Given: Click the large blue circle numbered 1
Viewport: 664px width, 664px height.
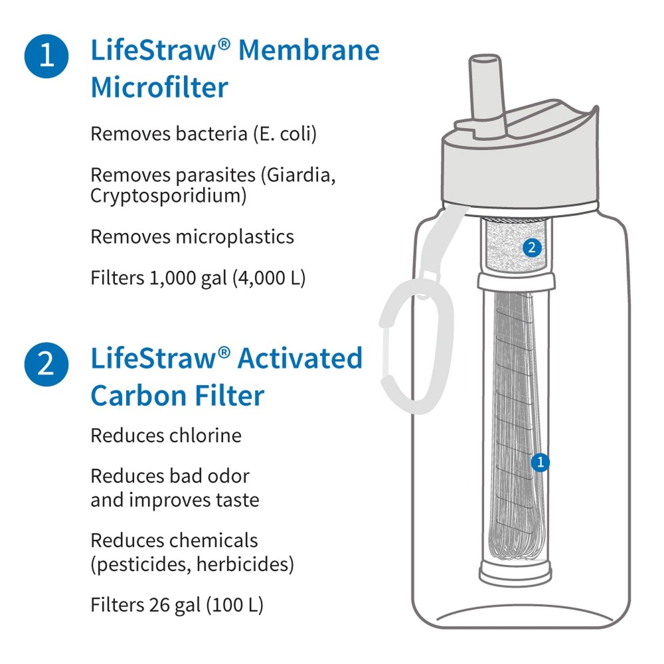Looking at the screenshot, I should pyautogui.click(x=46, y=55).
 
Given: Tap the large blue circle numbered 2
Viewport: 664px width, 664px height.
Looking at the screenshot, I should pyautogui.click(x=46, y=365).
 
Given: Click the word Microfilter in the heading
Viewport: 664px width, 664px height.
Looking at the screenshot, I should pyautogui.click(x=159, y=87).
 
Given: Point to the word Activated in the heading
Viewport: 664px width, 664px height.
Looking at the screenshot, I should pyautogui.click(x=300, y=359).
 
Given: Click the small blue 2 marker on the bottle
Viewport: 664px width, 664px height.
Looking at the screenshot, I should pyautogui.click(x=532, y=248).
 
